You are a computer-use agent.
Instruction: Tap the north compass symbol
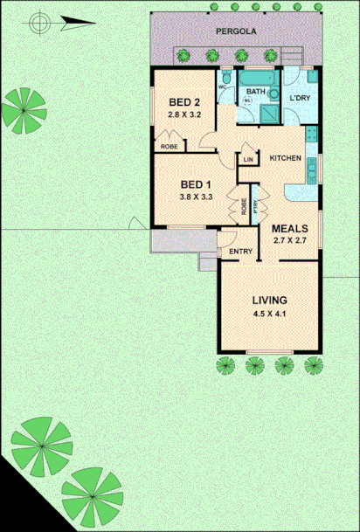[x=38, y=24]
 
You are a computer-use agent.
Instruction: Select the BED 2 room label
[x=184, y=101]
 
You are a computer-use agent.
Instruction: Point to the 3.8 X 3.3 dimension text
[x=197, y=197]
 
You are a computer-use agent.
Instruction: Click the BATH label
[x=255, y=91]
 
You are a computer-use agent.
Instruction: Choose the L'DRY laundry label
[x=301, y=98]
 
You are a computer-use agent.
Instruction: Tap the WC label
[x=223, y=88]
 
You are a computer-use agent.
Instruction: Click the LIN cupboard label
[x=248, y=159]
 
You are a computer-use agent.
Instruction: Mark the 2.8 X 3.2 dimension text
[x=184, y=114]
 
